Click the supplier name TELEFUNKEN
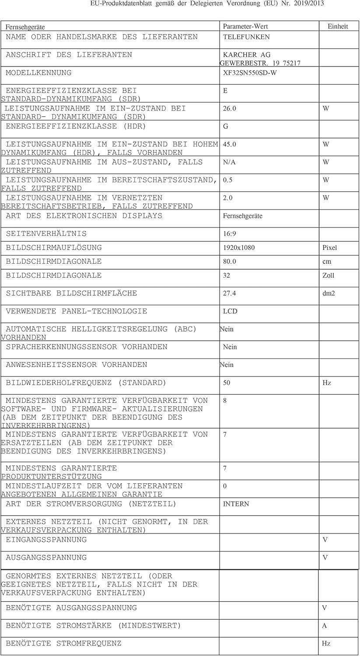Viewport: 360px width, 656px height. click(246, 37)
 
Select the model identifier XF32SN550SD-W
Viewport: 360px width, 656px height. click(250, 73)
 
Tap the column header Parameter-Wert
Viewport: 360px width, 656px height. click(245, 27)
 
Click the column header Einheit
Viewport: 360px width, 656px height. click(338, 27)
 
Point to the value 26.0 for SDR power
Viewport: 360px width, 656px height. click(229, 108)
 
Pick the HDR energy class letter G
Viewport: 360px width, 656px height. click(226, 126)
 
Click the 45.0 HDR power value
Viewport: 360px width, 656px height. click(229, 144)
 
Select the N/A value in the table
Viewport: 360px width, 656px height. click(229, 162)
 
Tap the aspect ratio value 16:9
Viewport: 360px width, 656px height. click(229, 234)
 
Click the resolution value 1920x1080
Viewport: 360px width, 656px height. click(239, 248)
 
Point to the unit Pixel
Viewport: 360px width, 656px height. click(329, 248)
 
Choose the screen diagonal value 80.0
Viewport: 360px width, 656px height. click(229, 262)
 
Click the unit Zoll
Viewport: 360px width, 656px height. click(328, 276)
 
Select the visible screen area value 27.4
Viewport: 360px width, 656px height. click(229, 293)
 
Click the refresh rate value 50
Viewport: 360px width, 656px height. click(227, 383)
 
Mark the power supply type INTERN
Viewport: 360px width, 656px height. click(236, 504)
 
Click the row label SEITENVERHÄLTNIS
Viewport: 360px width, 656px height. click(46, 234)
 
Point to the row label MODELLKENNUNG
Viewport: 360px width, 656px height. click(38, 73)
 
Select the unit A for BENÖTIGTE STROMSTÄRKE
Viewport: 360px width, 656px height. click(325, 626)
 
